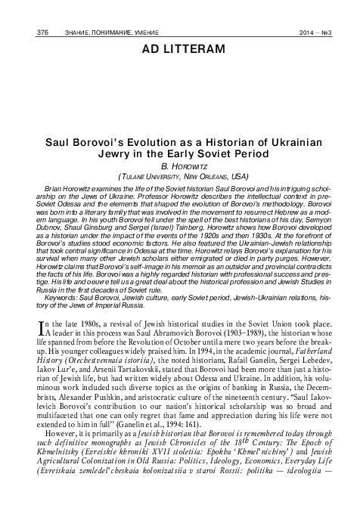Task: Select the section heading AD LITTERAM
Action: point(180,50)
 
